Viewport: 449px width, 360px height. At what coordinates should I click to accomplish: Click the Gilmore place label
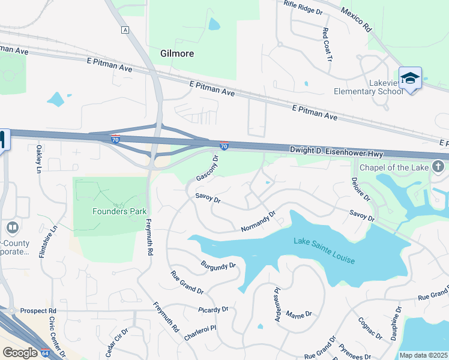click(177, 53)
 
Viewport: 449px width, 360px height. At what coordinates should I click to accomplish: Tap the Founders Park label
click(120, 211)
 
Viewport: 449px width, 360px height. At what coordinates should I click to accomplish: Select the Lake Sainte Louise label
click(324, 251)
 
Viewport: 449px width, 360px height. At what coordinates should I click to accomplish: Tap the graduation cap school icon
click(410, 79)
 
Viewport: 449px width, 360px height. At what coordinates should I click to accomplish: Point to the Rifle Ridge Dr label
click(303, 8)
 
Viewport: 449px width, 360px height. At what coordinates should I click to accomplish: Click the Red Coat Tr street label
click(327, 45)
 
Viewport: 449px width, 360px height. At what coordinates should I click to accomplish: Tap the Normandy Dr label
click(258, 221)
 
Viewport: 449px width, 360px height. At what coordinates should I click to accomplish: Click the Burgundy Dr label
click(218, 265)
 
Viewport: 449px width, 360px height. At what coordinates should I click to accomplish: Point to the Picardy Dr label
click(213, 310)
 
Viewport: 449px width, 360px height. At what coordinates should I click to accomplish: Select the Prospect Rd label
click(38, 311)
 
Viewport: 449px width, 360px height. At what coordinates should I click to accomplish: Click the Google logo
click(20, 353)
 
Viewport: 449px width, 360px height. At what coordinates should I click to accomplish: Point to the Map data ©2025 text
click(424, 355)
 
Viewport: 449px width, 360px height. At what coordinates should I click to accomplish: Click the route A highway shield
click(125, 30)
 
